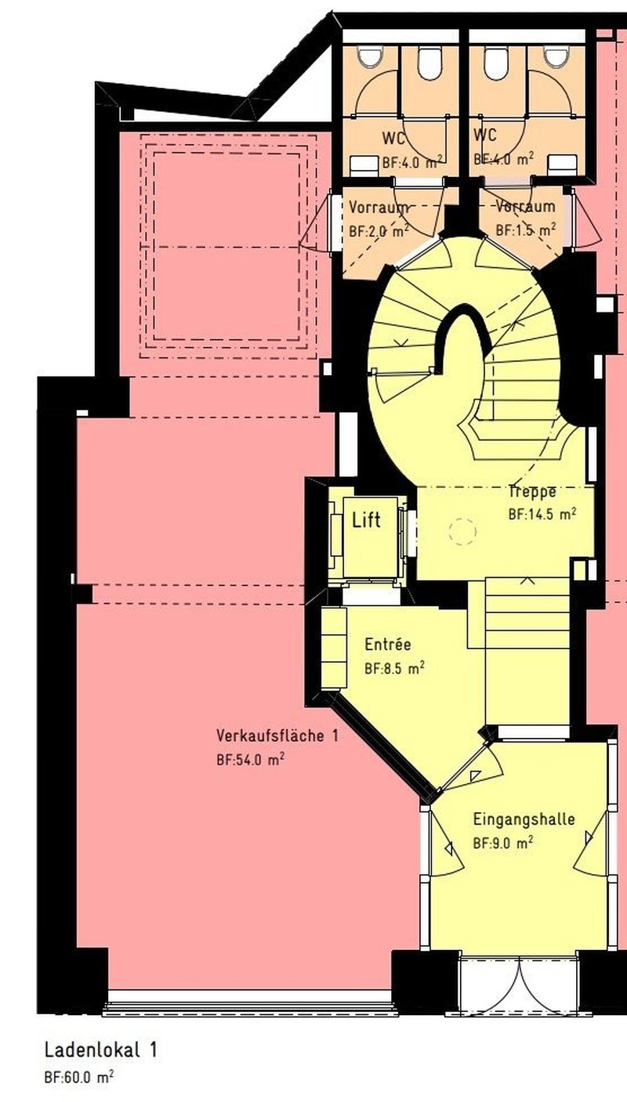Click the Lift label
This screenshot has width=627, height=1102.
[367, 519]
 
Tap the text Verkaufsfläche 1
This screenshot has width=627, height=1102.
[277, 735]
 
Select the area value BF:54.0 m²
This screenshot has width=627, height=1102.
[250, 759]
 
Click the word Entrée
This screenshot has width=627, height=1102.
[387, 645]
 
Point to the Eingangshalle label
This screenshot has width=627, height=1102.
[524, 819]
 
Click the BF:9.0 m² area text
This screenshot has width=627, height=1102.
[503, 843]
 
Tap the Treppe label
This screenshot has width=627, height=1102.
[532, 492]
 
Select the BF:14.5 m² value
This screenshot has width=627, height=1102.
[542, 515]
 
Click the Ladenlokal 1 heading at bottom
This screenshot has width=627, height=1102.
[100, 1050]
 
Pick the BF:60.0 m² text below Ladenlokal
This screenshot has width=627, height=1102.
[78, 1077]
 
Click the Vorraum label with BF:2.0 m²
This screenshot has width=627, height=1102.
[379, 208]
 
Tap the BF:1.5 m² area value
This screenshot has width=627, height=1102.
[526, 230]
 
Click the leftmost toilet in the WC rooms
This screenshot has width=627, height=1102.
[368, 57]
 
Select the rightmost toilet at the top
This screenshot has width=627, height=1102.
[556, 57]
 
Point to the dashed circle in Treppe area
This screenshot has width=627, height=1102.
[462, 532]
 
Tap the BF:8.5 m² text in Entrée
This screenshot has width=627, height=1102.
[395, 669]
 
